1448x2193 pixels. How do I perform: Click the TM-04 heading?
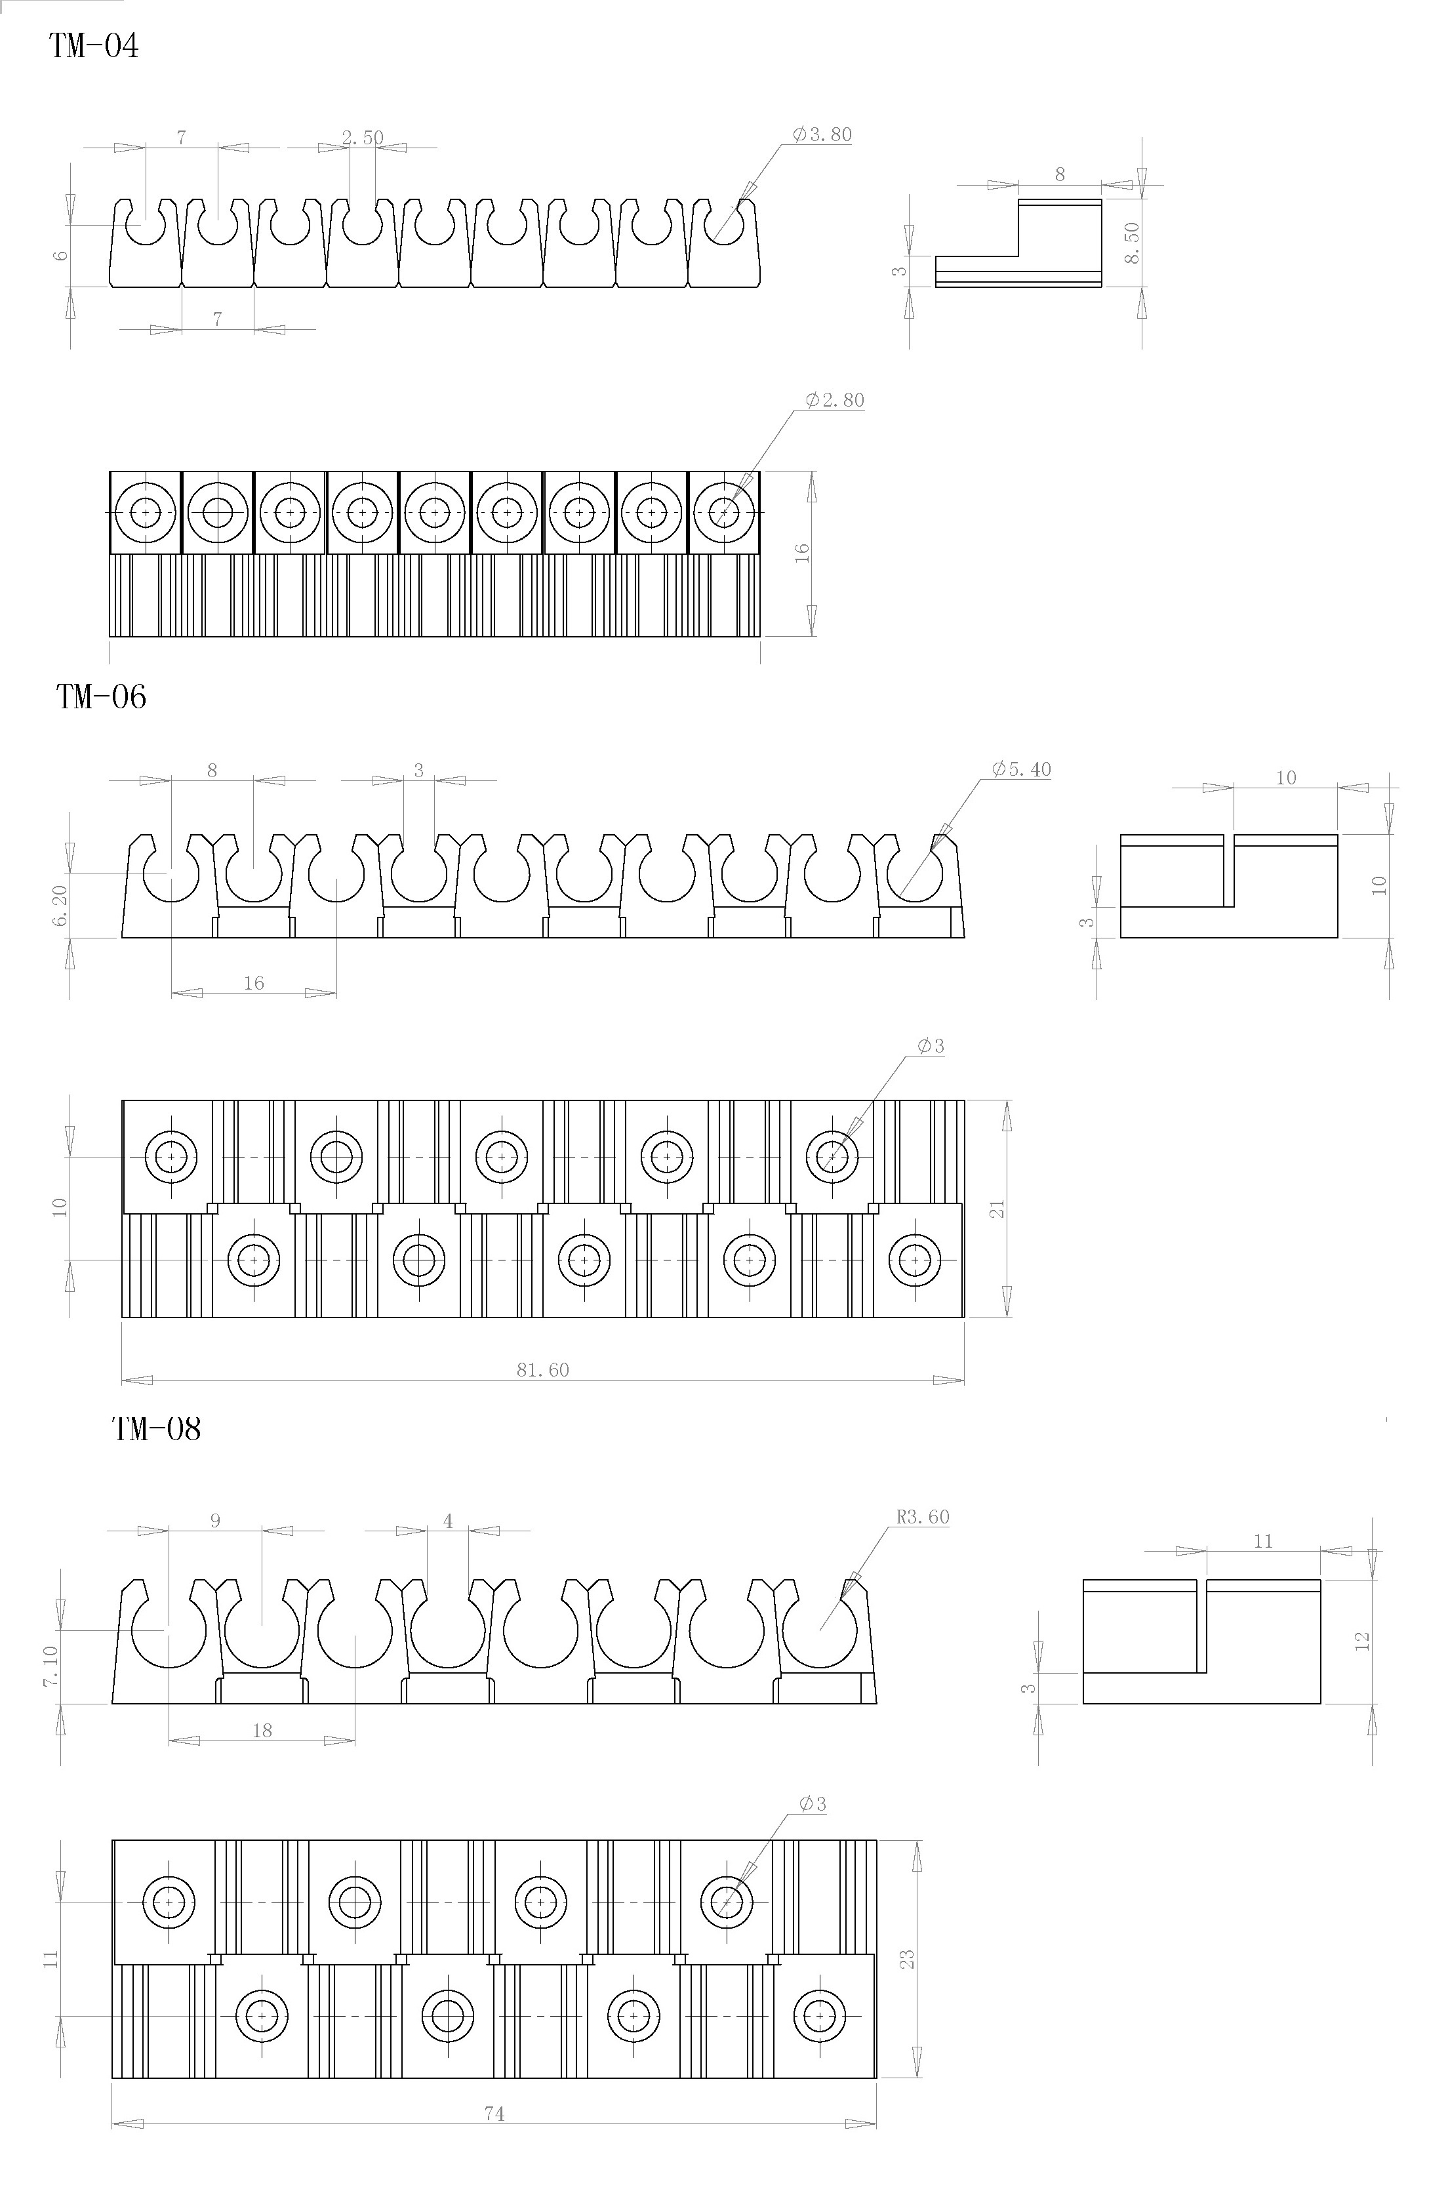tap(93, 45)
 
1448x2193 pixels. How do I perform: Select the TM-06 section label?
tap(102, 696)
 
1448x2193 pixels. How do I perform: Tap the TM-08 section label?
tap(156, 1430)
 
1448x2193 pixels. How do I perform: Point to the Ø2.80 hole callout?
tap(835, 400)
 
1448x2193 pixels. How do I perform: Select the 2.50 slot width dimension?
tap(362, 138)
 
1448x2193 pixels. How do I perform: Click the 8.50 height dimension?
tap(1132, 243)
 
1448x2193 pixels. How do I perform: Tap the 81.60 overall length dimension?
tap(543, 1370)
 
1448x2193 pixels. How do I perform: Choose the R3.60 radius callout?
tap(923, 1517)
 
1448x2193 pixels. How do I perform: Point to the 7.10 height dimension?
tap(50, 1666)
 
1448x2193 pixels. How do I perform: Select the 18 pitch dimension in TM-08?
tap(262, 1731)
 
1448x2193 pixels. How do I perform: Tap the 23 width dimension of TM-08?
tap(908, 1958)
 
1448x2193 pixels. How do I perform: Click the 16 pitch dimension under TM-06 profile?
tap(254, 984)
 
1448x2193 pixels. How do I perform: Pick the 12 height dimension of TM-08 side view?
tap(1362, 1641)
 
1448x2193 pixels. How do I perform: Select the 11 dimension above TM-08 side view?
tap(1263, 1541)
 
